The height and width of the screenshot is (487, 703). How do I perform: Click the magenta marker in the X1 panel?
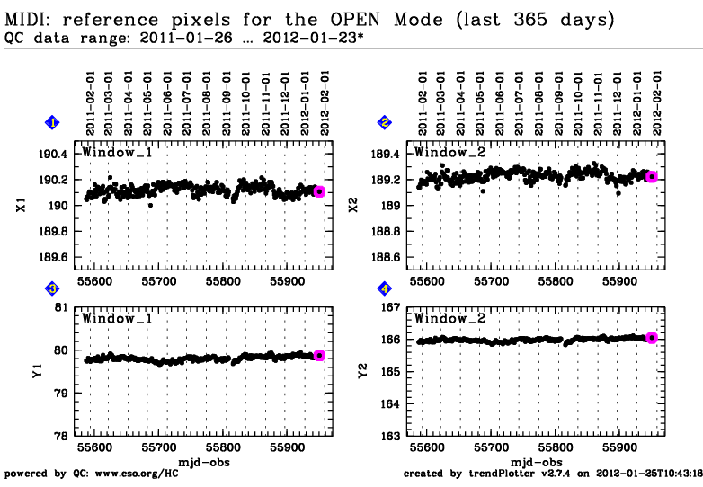coord(319,191)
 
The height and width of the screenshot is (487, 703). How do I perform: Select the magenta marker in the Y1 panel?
coord(319,355)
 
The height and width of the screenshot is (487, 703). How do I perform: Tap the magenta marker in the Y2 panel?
coord(652,338)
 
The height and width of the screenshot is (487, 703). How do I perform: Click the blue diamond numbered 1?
coord(53,122)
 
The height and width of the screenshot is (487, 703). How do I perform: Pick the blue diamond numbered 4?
coord(386,288)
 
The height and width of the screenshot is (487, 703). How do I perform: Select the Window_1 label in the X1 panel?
coord(113,152)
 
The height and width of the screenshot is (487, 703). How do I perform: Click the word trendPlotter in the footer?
coord(492,474)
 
